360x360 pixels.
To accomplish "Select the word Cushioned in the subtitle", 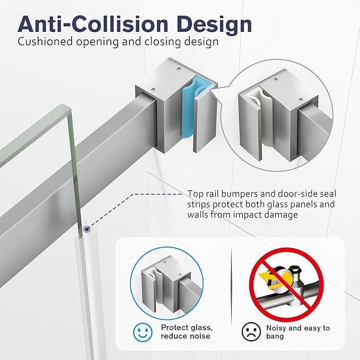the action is pyautogui.click(x=45, y=41).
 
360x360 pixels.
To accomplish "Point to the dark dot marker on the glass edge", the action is pyautogui.click(x=86, y=229).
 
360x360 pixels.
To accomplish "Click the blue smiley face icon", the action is pyautogui.click(x=143, y=332).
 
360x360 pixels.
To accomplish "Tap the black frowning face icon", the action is pyautogui.click(x=251, y=332).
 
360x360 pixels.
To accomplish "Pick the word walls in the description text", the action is pyautogui.click(x=198, y=215).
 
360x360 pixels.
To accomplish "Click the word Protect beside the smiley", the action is pyautogui.click(x=175, y=328).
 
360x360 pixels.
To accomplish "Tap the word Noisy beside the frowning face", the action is pyautogui.click(x=276, y=328).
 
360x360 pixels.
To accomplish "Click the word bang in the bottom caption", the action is pyautogui.click(x=275, y=336).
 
